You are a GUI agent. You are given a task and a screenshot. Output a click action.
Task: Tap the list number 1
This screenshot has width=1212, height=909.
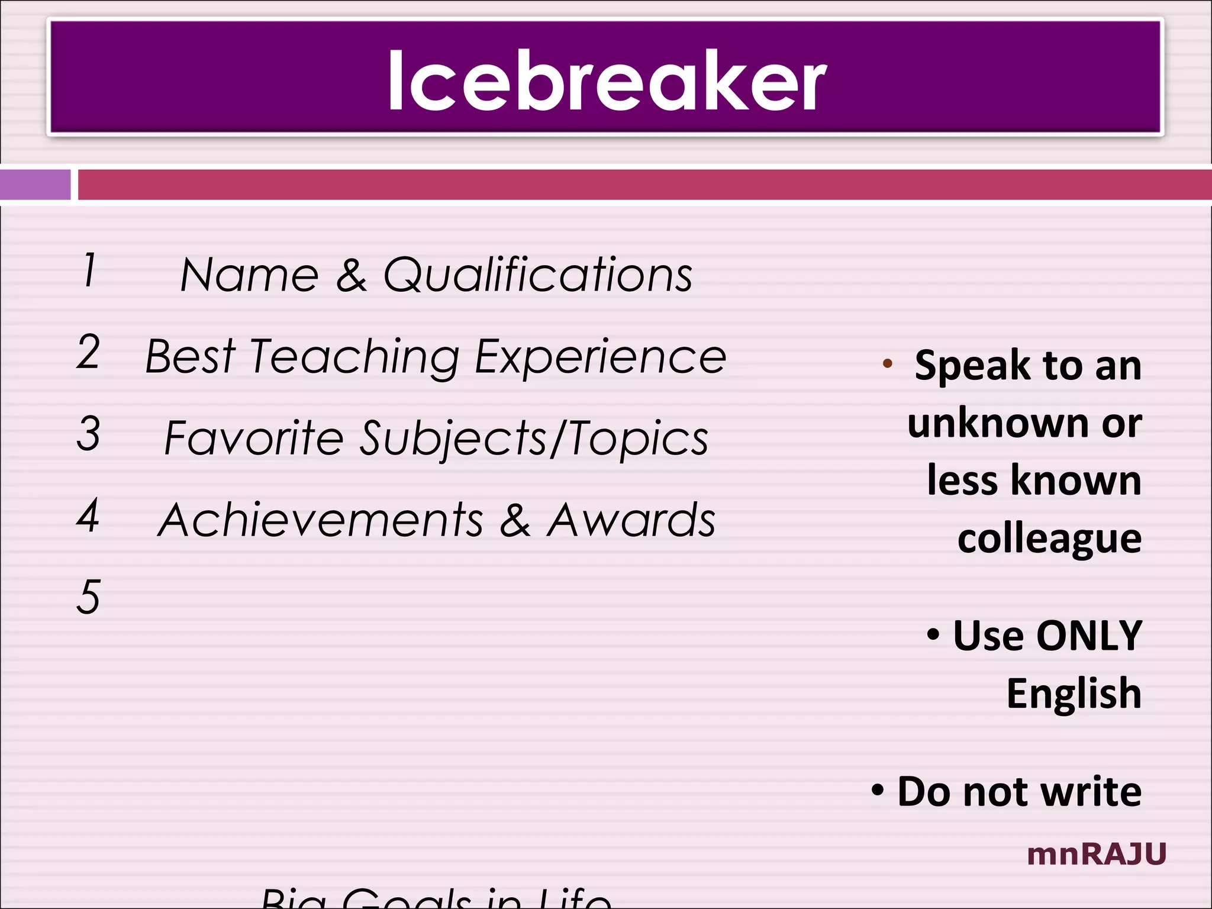pos(89,270)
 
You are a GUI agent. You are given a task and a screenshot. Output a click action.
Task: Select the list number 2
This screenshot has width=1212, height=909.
pos(88,352)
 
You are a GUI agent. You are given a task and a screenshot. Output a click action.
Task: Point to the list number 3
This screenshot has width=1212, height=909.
pos(88,433)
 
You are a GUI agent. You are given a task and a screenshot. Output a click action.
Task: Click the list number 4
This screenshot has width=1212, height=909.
pos(88,515)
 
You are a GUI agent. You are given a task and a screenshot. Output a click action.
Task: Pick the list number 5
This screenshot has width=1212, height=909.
pos(88,597)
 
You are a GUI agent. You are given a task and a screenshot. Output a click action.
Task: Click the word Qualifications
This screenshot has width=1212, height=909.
pos(537,276)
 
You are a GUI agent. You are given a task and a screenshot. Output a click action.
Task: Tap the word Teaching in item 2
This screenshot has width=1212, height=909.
pos(354,357)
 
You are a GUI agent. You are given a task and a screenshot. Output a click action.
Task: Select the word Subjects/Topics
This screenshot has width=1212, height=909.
pos(534,439)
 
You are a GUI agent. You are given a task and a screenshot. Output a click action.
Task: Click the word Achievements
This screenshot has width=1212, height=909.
pos(321,520)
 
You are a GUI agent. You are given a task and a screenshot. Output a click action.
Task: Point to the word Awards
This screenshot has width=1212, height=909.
pos(631,520)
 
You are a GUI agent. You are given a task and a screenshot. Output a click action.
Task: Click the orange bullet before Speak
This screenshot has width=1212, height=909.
pos(887,363)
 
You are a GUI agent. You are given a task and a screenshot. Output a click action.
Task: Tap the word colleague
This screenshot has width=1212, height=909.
pos(1049,539)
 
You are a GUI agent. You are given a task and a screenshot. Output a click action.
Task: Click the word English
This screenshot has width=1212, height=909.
pos(1074,694)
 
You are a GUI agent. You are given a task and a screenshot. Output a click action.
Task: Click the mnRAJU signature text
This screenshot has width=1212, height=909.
pos(1097,854)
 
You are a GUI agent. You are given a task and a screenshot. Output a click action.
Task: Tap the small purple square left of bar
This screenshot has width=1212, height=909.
pos(35,185)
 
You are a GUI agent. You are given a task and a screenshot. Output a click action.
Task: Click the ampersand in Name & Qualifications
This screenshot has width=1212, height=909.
pos(352,276)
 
